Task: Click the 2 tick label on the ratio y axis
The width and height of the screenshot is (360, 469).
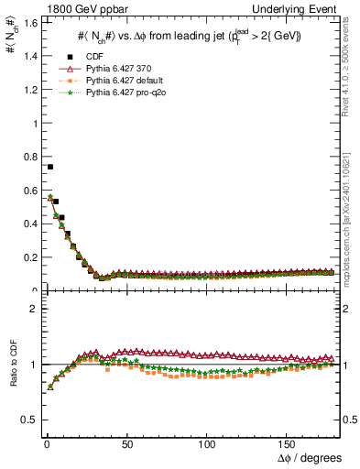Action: [31, 309]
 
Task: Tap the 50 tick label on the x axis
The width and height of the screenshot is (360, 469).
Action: [126, 444]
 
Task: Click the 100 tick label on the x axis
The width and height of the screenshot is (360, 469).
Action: [207, 444]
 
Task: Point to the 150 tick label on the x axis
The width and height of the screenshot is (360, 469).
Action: [288, 444]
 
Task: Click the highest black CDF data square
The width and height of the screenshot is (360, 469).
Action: [49, 167]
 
